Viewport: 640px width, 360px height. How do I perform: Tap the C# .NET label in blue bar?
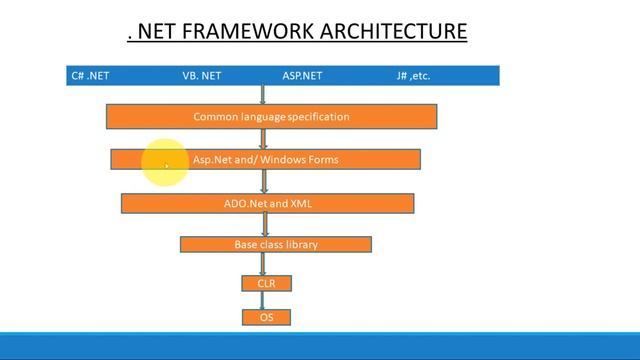(x=89, y=76)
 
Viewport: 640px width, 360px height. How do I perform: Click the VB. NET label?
(x=201, y=76)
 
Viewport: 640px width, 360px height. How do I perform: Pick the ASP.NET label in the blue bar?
(x=302, y=76)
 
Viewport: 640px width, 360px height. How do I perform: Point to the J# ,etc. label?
(x=413, y=76)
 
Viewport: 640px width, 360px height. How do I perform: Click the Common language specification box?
(x=271, y=117)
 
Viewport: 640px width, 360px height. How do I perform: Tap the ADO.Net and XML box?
(x=267, y=203)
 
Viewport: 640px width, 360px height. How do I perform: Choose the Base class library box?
(x=275, y=244)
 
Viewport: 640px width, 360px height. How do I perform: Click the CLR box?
(x=266, y=284)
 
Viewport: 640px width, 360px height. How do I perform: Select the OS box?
(x=266, y=317)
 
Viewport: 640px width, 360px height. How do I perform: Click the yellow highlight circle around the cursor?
(x=165, y=163)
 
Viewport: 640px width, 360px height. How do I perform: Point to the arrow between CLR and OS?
(x=265, y=300)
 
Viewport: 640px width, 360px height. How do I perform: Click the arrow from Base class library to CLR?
(x=264, y=264)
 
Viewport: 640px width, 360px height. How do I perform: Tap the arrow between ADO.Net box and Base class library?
(x=264, y=225)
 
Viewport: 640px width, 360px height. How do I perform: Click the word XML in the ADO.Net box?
(x=301, y=203)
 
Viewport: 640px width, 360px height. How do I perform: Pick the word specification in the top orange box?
(x=318, y=117)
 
